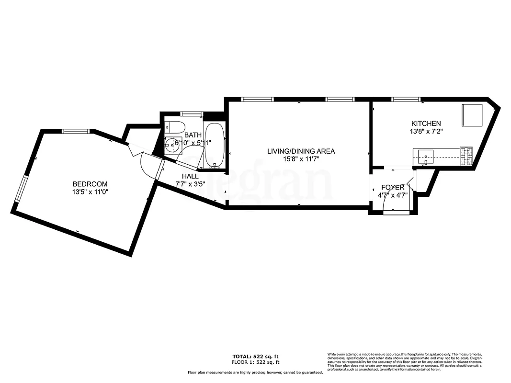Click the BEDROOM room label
click(90, 184)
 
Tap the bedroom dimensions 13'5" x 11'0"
click(90, 192)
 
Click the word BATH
click(193, 135)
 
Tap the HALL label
click(190, 176)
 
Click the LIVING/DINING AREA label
click(301, 151)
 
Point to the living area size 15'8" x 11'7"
click(301, 159)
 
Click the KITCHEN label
click(426, 124)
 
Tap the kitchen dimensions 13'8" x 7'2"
click(426, 132)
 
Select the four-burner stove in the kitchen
click(466, 156)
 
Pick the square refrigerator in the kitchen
click(472, 115)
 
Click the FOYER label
click(393, 187)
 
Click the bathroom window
click(191, 113)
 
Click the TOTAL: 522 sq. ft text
click(255, 357)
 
